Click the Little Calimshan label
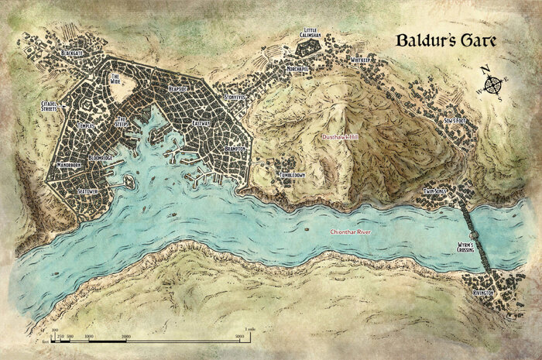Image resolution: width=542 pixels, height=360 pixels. [x=311, y=35]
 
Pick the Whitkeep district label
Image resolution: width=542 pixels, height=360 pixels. [x=360, y=60]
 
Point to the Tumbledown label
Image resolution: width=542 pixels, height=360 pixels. [x=292, y=176]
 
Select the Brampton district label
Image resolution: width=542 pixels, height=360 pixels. [x=231, y=147]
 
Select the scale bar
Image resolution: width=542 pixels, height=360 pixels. [x=147, y=336]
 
